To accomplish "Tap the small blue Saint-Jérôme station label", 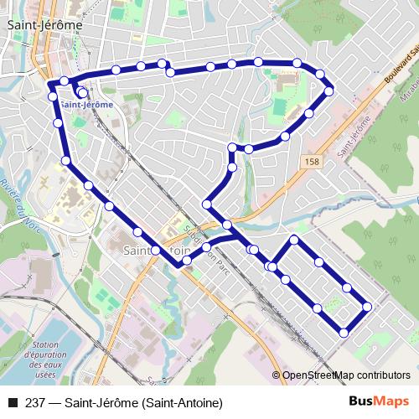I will [x=86, y=105].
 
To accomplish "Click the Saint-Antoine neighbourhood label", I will [x=158, y=250].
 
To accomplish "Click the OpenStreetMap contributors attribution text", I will [x=346, y=375].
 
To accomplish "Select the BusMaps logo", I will [x=380, y=402].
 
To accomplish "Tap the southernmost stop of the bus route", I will [x=344, y=334].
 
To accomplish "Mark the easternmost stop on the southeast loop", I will [x=367, y=307].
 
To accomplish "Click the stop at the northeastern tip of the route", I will [x=329, y=91].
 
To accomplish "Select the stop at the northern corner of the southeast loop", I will [x=294, y=241].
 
